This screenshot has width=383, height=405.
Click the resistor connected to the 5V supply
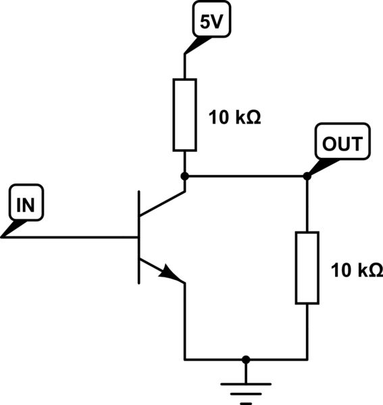tap(184, 114)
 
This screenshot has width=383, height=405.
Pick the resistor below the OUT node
tap(307, 267)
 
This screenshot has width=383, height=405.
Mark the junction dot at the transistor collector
tap(184, 176)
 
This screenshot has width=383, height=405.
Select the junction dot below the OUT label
tap(307, 176)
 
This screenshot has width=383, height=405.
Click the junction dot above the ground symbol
tap(246, 359)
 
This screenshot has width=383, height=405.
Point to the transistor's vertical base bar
tap(138, 237)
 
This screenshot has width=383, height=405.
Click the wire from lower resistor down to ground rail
tap(307, 331)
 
